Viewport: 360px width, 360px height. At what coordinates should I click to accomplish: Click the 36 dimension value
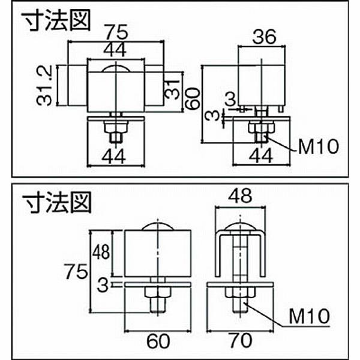tap(263, 37)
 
